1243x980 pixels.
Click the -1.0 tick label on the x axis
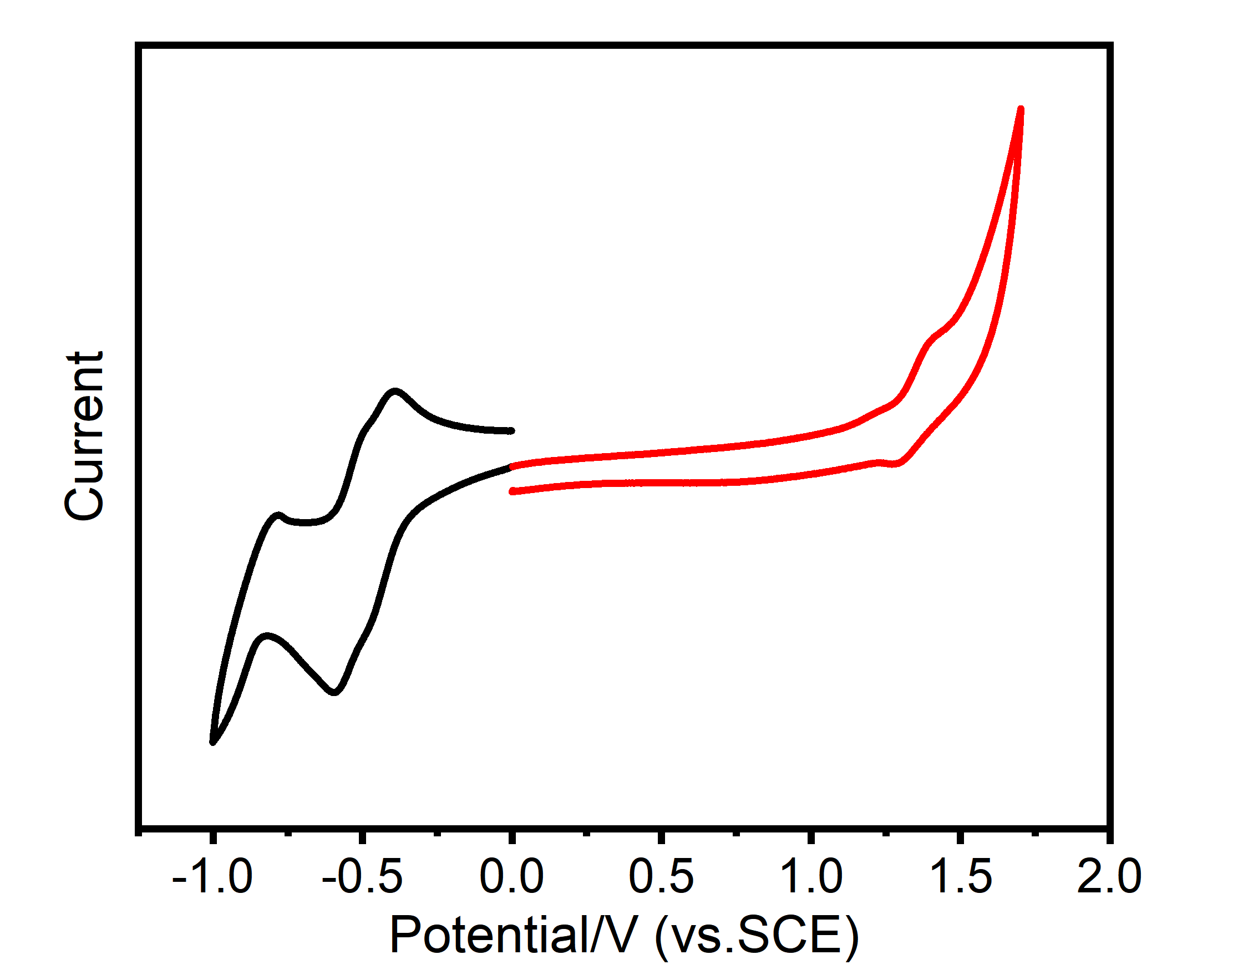pos(212,877)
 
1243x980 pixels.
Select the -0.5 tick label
pos(362,877)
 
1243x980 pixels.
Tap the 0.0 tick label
pos(511,877)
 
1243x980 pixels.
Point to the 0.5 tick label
pos(661,877)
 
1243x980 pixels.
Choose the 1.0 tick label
pos(811,877)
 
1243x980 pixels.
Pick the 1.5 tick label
pos(960,877)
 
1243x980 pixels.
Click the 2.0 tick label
pos(1109,877)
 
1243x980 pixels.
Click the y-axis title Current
pos(85,436)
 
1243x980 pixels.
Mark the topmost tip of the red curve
pos(1021,109)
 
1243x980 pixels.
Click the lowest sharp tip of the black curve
pos(213,743)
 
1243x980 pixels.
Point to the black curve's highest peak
pos(395,392)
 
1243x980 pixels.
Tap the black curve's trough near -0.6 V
pos(334,692)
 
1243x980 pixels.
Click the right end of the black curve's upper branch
pos(511,430)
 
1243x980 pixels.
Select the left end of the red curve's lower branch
pos(512,491)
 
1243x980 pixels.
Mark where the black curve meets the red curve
pos(511,466)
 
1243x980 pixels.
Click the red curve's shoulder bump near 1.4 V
pos(932,337)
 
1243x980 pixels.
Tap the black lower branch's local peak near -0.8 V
pos(267,636)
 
